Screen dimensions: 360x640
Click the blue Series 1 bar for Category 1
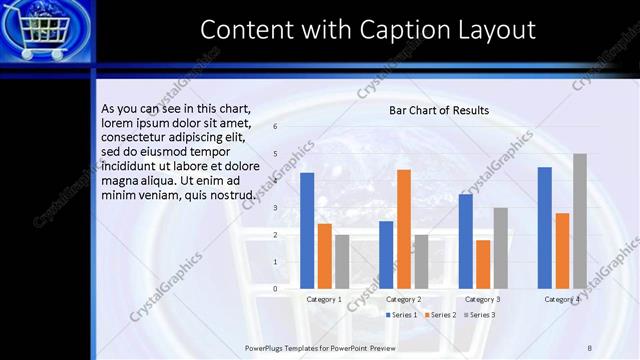307,231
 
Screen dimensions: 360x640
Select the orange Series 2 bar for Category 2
404,229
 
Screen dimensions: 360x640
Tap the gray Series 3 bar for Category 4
579,221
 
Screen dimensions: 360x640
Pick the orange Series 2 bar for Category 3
483,264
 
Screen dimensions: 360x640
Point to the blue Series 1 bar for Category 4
545,228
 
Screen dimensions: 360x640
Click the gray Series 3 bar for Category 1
342,261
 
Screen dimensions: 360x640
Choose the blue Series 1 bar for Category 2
386,255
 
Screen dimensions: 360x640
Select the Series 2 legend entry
440,315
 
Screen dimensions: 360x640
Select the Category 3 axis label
483,299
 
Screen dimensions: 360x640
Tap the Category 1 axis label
324,299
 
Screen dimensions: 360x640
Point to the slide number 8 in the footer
589,347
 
